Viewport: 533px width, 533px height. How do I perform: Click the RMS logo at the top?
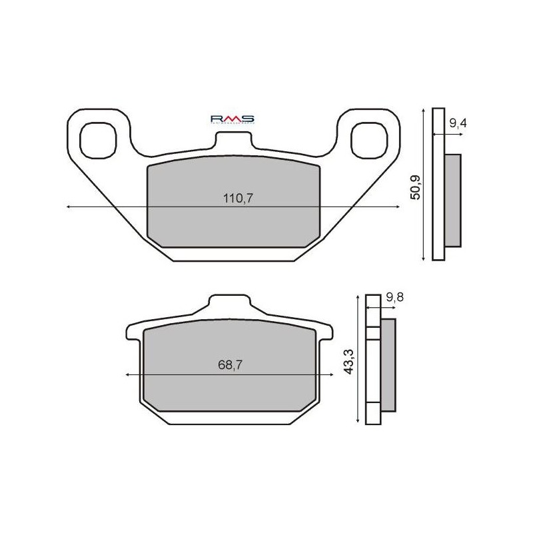click(x=233, y=119)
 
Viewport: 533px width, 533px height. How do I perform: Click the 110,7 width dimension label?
click(x=233, y=198)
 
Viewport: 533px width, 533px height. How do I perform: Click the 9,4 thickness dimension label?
click(x=457, y=123)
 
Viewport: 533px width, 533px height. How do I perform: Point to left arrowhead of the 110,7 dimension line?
click(x=69, y=207)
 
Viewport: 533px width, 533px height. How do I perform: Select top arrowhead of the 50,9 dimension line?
click(x=424, y=111)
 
